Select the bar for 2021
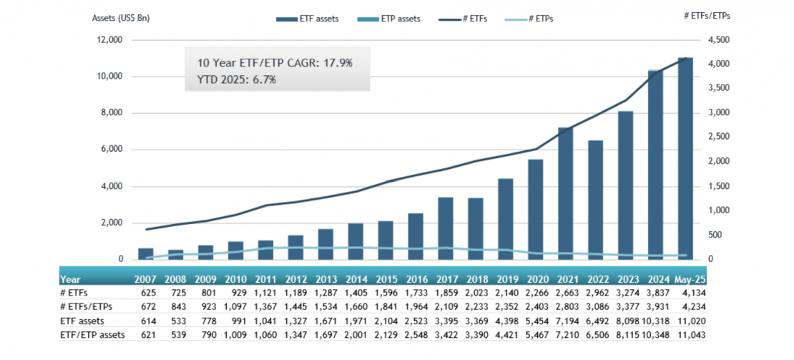tap(566, 193)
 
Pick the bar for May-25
tap(685, 158)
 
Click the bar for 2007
tap(146, 253)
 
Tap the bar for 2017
tap(446, 228)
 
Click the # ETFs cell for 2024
tap(655, 293)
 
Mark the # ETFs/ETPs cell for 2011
tap(266, 306)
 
